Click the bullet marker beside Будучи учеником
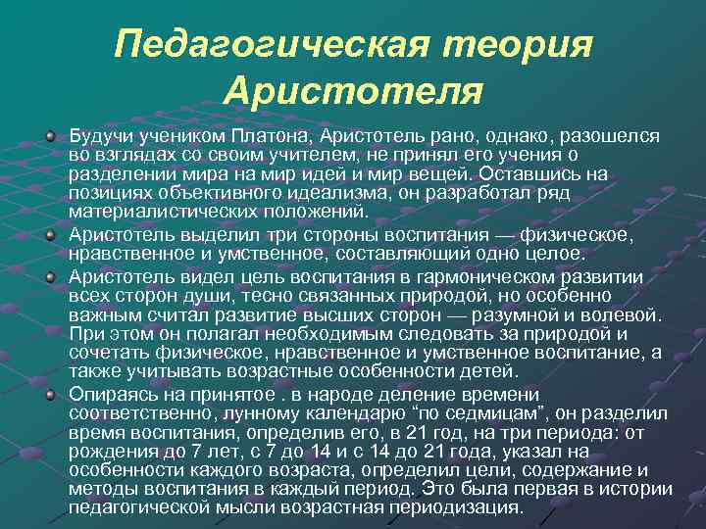[50, 136]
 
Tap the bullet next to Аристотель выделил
[50, 235]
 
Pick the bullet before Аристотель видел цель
[50, 276]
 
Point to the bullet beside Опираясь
[50, 393]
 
